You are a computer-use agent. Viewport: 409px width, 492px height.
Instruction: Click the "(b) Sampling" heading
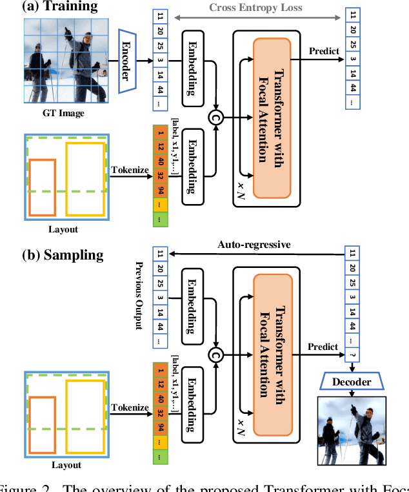[63, 254]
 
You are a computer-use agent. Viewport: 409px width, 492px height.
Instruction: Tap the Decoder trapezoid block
[352, 382]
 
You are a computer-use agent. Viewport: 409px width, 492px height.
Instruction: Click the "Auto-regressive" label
[254, 245]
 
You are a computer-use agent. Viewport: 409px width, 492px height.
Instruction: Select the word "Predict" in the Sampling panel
[322, 347]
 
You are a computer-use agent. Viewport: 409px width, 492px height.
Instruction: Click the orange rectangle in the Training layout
[42, 187]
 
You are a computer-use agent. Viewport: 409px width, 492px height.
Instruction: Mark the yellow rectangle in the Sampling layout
[85, 417]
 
